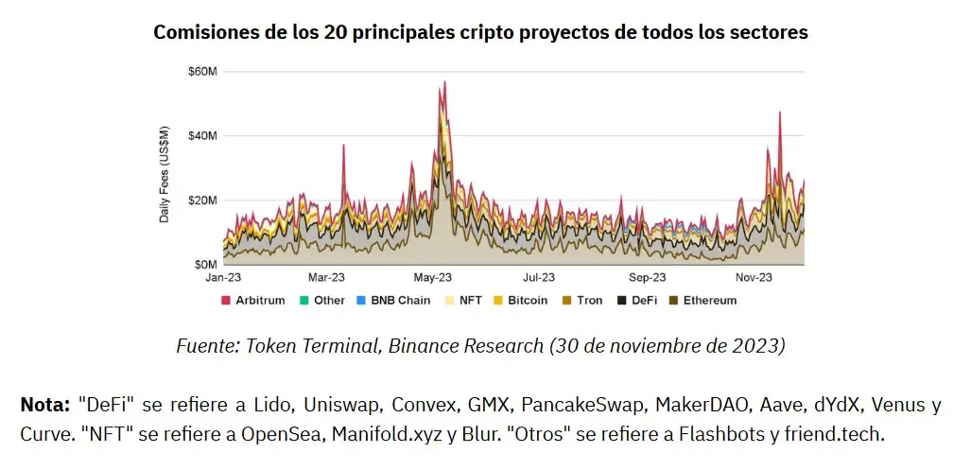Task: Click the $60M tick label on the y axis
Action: coord(202,72)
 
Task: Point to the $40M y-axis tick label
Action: coord(202,136)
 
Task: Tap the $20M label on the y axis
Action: coord(202,200)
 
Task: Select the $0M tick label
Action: coord(205,264)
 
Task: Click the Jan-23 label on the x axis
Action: coord(223,278)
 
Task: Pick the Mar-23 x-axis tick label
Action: coord(326,278)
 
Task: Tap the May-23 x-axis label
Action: coord(432,278)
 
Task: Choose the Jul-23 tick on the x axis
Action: coord(539,278)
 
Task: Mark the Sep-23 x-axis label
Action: coord(648,278)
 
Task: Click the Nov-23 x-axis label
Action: coord(754,278)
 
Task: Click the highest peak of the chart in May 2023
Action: coord(444,82)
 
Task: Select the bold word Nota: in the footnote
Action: coord(44,408)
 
